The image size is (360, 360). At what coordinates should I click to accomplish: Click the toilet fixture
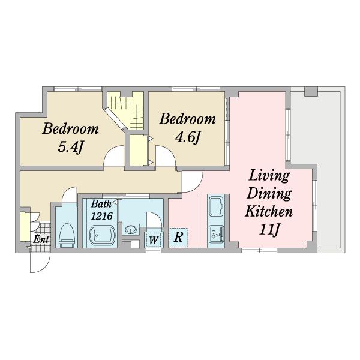click(67, 235)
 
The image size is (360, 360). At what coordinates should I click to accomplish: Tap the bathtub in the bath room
click(102, 235)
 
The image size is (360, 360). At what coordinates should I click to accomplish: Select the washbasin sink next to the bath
click(131, 229)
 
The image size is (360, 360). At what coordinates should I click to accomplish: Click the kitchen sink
click(216, 206)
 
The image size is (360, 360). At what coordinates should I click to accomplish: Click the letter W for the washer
click(154, 241)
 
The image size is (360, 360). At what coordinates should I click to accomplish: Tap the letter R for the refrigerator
click(178, 237)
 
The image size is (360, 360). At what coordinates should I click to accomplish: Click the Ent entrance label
click(41, 239)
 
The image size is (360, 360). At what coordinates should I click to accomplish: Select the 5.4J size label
click(70, 147)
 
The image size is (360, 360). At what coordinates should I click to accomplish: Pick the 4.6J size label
click(188, 137)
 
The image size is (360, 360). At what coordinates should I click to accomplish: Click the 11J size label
click(269, 229)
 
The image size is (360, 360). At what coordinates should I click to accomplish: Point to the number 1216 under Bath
click(102, 216)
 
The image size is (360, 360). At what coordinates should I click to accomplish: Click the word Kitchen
click(269, 211)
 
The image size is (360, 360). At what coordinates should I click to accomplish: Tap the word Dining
click(269, 194)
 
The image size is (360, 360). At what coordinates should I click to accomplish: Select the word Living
click(269, 176)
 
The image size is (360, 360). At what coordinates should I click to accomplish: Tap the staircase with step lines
click(125, 110)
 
